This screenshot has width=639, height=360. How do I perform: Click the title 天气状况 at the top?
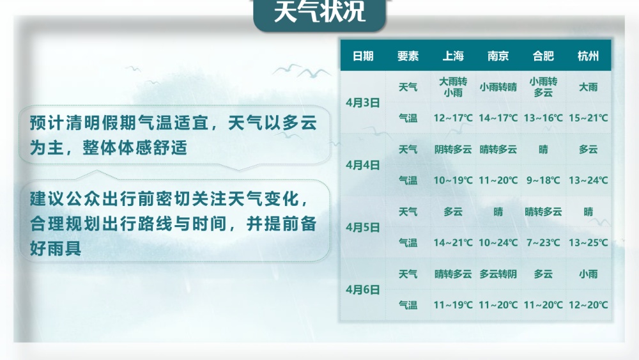(x=319, y=12)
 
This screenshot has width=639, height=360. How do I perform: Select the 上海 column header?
(x=453, y=56)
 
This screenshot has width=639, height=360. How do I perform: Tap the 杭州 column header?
(x=588, y=56)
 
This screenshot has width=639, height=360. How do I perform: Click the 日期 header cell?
(x=363, y=56)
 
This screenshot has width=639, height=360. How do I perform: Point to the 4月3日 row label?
(x=363, y=103)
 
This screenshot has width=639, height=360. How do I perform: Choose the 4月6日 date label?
(x=363, y=290)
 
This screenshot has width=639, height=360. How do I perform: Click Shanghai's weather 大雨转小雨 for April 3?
(x=453, y=87)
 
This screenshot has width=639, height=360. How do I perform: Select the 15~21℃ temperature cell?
(x=588, y=118)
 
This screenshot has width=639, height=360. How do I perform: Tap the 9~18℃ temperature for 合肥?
(x=543, y=180)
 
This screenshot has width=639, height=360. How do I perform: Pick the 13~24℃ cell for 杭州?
(x=588, y=180)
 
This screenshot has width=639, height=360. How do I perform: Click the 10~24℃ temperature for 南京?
(x=498, y=242)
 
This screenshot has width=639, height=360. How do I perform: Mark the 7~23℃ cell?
(x=543, y=242)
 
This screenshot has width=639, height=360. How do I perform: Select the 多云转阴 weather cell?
(x=498, y=274)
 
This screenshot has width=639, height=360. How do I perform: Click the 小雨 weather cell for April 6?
(x=588, y=274)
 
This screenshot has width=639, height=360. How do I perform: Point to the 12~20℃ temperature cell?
(x=588, y=305)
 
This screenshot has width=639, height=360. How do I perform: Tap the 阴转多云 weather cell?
(x=453, y=149)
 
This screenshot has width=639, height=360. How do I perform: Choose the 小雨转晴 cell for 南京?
(x=498, y=87)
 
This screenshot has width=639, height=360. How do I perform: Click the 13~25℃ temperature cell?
(x=588, y=242)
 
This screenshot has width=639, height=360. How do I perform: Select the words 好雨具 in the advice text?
(x=56, y=248)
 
